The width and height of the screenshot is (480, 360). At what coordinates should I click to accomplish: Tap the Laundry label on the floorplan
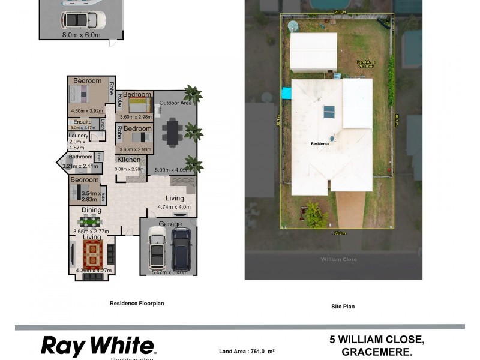coord(79,136)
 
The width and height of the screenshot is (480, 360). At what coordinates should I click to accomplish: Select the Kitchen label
coord(128,160)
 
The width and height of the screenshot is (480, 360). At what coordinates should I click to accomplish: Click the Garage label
coord(170,224)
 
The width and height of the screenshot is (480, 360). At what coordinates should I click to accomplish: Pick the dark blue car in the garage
coord(181,248)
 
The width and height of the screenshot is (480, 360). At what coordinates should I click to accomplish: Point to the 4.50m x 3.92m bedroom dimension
coord(87,110)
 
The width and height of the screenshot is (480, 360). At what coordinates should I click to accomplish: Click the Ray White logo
coord(98,346)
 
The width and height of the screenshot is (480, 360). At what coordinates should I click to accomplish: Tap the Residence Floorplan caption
coord(136,304)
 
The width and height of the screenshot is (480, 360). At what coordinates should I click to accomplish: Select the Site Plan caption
coord(343,306)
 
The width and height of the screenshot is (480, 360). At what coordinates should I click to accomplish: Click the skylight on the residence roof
coord(329,112)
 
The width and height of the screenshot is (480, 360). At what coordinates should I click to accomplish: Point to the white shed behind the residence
coord(313,52)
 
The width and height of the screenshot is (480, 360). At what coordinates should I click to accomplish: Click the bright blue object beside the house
coord(286,94)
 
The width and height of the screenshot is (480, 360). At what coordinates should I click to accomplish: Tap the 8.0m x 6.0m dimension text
coord(81,35)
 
